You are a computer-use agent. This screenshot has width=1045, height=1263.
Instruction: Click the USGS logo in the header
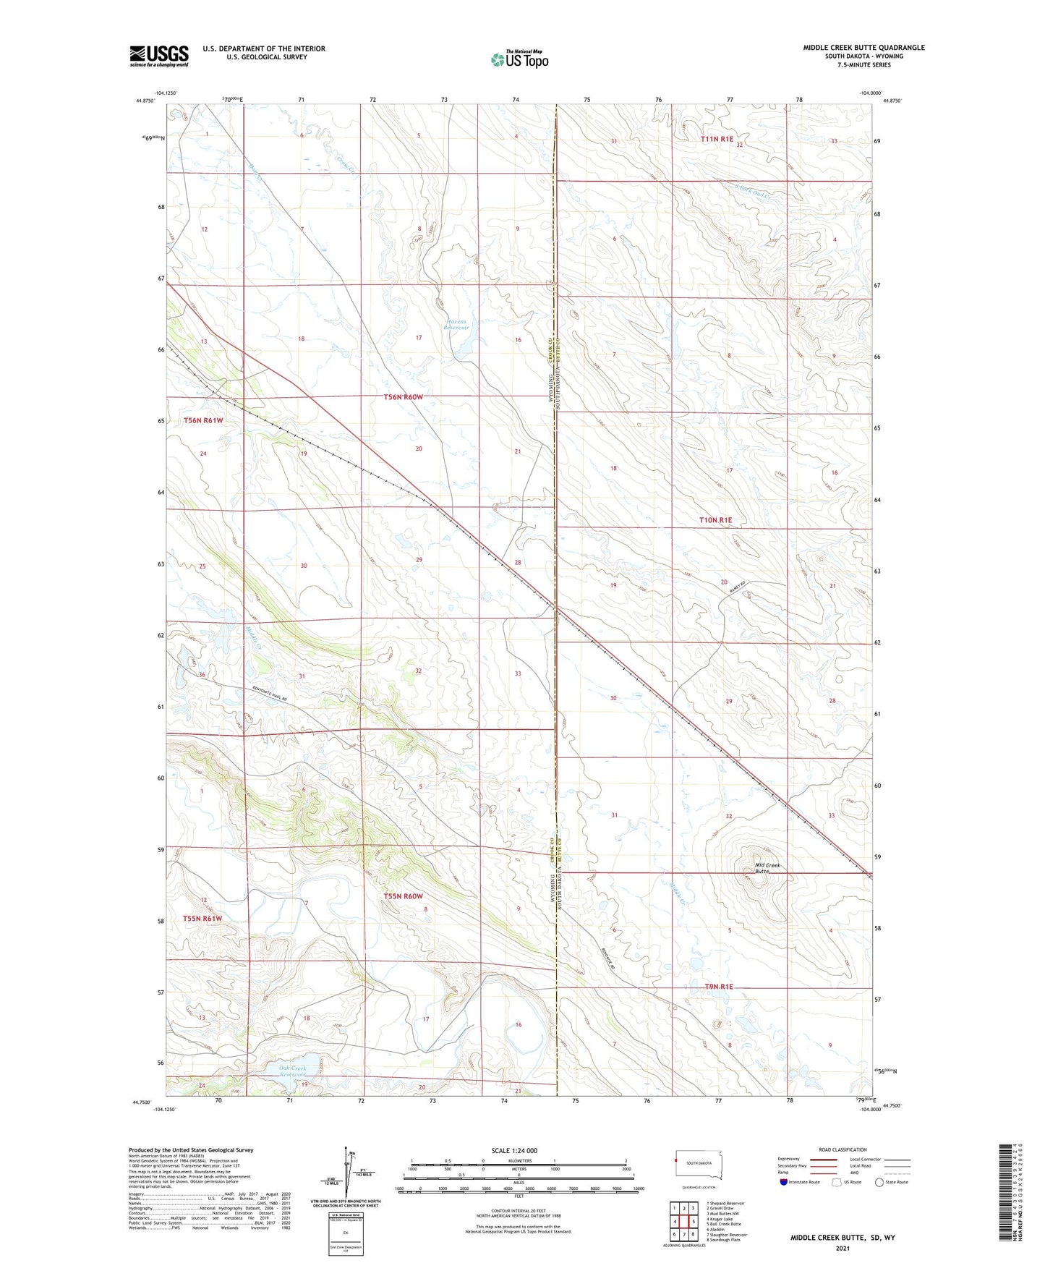coord(159,56)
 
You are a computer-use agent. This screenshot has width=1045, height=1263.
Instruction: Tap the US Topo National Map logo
coord(519,59)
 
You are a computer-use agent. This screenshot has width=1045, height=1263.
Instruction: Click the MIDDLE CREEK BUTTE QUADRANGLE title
coord(863,48)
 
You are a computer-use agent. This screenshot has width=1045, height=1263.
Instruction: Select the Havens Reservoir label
coord(456,325)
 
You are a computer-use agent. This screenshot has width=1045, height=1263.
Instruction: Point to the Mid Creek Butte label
coord(767,868)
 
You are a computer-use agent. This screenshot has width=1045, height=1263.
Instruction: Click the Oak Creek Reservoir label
coord(293,1071)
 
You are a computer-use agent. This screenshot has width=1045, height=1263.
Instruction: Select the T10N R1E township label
coord(715,520)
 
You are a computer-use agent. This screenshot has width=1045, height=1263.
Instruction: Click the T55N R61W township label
coord(202,919)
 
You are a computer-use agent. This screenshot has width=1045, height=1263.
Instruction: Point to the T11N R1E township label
coord(717,139)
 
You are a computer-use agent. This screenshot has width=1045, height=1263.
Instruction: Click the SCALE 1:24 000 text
coord(514,1150)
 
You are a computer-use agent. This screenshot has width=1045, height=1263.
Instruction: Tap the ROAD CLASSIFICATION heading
coord(843,1149)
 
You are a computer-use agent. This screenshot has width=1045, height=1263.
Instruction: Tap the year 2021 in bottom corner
coord(843,1249)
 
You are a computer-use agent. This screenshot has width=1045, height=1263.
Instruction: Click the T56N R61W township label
coord(203,420)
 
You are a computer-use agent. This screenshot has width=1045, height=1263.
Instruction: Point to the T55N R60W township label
coord(403,896)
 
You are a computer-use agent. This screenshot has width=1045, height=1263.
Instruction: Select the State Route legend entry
coord(891,1182)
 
